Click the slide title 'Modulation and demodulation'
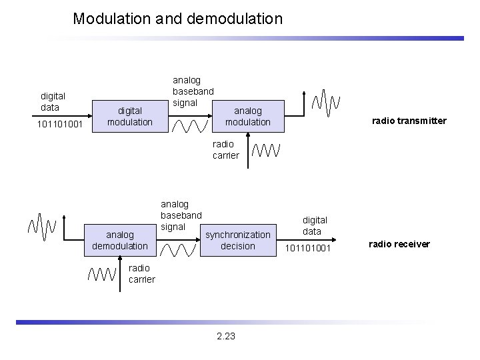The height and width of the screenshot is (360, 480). (x=177, y=19)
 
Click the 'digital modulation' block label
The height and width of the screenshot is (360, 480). (x=130, y=117)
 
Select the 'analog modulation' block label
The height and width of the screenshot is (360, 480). (x=247, y=117)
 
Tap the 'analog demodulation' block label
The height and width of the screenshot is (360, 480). (x=120, y=240)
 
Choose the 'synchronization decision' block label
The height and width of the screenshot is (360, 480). (x=238, y=240)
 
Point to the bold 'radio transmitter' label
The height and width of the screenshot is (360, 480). (x=409, y=121)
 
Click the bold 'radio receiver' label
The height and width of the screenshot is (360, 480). (x=400, y=244)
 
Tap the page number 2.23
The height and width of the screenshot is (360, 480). (x=226, y=336)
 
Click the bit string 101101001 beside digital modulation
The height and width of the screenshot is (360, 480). (x=59, y=124)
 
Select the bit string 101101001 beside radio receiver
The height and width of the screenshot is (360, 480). (x=307, y=249)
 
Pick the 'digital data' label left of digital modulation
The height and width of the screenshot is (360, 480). (x=50, y=102)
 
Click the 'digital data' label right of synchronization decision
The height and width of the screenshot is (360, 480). (x=315, y=225)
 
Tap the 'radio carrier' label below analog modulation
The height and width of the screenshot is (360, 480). (x=225, y=149)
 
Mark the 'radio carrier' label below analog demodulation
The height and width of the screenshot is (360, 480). (x=141, y=273)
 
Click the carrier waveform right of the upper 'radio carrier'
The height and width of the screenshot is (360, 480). (x=266, y=151)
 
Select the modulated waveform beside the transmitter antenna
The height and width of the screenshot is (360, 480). (x=325, y=102)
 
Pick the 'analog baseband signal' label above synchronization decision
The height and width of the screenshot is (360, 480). (x=181, y=215)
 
